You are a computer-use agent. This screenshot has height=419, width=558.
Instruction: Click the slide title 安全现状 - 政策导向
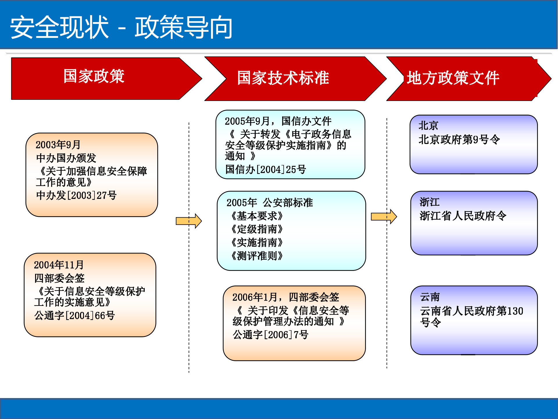pyautogui.click(x=121, y=27)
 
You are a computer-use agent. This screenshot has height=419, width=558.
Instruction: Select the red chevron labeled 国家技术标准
pyautogui.click(x=283, y=78)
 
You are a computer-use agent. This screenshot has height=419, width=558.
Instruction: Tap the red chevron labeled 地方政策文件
pyautogui.click(x=453, y=78)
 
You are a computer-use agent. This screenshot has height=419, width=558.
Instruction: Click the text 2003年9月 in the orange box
pyautogui.click(x=58, y=145)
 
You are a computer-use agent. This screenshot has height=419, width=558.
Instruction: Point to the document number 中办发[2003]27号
pyautogui.click(x=76, y=195)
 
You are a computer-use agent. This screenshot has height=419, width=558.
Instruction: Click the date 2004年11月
pyautogui.click(x=59, y=265)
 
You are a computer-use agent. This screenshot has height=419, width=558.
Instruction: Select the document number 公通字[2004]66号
pyautogui.click(x=74, y=315)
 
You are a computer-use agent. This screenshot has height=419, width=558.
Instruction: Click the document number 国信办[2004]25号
pyautogui.click(x=265, y=169)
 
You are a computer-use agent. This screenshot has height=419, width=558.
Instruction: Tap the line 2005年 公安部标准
pyautogui.click(x=269, y=203)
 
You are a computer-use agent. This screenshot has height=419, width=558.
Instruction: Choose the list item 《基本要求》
pyautogui.click(x=257, y=216)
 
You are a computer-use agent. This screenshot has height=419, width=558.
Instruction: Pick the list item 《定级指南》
pyautogui.click(x=257, y=229)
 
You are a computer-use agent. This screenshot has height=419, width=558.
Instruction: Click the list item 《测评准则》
pyautogui.click(x=257, y=256)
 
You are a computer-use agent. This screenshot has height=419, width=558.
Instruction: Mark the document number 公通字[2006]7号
pyautogui.click(x=270, y=335)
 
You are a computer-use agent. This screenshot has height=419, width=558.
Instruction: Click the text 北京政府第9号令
pyautogui.click(x=459, y=140)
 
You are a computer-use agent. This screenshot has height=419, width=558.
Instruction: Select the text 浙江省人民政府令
pyautogui.click(x=463, y=216)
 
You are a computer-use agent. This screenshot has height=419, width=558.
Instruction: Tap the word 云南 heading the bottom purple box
pyautogui.click(x=430, y=297)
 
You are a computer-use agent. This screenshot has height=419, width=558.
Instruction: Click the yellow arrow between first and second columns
pyautogui.click(x=189, y=221)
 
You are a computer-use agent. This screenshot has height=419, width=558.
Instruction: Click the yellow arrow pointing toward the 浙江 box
pyautogui.click(x=384, y=216)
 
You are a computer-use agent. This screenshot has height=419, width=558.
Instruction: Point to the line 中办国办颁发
pyautogui.click(x=66, y=158)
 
